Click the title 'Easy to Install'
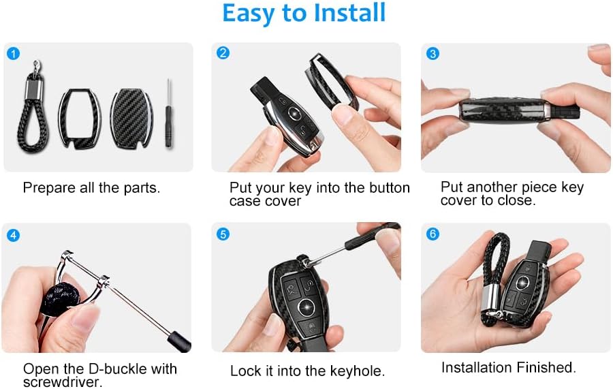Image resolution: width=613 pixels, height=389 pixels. point(304,14)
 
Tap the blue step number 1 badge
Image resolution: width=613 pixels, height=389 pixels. point(13,53)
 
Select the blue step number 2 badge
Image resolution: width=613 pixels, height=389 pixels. point(222,53)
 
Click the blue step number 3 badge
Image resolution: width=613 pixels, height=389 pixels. point(432,53)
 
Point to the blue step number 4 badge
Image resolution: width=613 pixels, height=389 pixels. point(13,235)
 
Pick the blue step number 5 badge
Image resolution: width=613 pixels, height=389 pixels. point(222,234)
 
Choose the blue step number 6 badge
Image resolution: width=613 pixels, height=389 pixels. point(432,234)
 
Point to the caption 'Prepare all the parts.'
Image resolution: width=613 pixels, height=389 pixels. point(91,187)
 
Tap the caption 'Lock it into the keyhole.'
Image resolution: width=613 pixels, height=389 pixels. point(307,371)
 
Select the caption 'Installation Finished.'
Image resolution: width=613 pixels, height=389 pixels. point(508,367)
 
